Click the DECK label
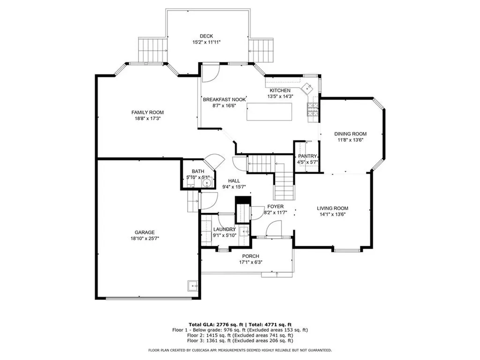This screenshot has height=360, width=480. (206, 36)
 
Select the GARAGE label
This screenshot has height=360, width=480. (144, 232)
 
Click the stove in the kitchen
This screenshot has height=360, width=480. (313, 110)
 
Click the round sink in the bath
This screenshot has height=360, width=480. (205, 183)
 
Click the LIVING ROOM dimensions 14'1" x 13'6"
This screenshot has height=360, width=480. (332, 215)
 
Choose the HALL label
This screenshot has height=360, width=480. (234, 180)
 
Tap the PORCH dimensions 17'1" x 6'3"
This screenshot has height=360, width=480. (250, 262)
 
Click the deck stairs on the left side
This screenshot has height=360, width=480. (153, 49)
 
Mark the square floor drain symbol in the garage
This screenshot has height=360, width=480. (192, 285)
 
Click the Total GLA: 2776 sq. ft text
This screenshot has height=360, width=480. (213, 324)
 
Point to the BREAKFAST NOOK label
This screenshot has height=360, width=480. (225, 99)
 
